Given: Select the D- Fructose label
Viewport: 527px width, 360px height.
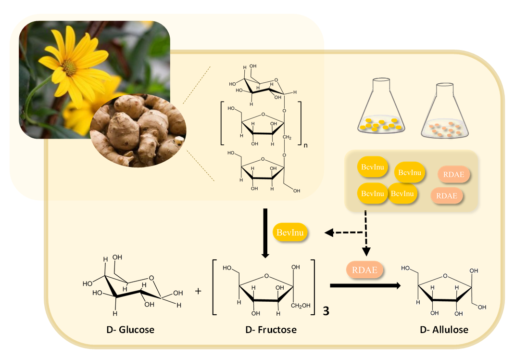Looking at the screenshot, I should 271,330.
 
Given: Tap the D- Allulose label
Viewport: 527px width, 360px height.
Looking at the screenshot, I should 444,330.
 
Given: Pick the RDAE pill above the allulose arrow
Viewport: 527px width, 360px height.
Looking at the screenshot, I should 365,270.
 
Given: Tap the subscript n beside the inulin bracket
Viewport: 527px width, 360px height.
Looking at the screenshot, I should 305,144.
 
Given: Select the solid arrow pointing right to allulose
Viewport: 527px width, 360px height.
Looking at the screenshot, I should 365,285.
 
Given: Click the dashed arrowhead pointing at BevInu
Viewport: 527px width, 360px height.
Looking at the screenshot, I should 329,233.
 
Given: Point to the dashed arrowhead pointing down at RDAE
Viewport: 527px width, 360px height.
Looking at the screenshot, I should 366,251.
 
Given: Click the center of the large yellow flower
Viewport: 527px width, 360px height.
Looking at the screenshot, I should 70,67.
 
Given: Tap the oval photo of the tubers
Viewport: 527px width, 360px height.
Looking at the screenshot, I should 138,130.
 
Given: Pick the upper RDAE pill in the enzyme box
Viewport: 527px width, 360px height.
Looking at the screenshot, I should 453,175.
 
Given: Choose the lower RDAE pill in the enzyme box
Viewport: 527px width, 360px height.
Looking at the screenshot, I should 447,196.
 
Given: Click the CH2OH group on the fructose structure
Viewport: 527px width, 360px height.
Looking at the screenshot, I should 302,305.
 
